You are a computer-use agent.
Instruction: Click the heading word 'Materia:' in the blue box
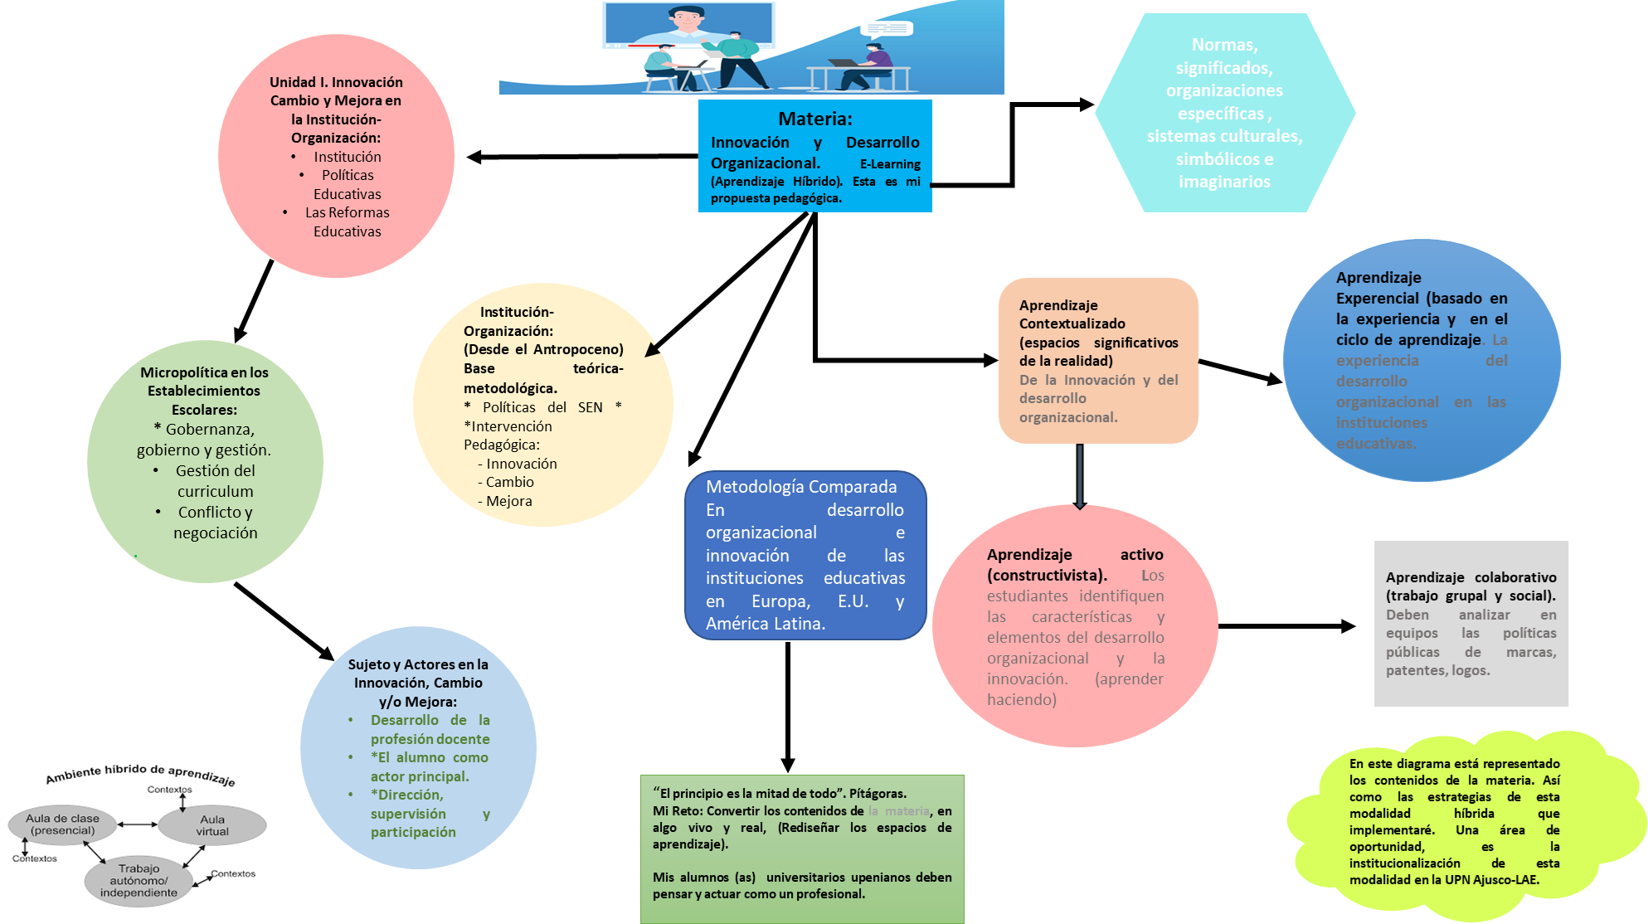click(x=814, y=119)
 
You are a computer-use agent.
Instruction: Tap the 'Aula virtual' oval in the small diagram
click(x=212, y=825)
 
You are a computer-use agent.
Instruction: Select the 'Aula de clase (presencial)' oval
click(x=63, y=824)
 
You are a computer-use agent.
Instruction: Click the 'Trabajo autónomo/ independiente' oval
click(x=139, y=881)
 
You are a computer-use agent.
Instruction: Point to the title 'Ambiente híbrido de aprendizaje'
click(x=140, y=773)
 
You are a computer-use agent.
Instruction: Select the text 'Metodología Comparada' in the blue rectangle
click(x=801, y=487)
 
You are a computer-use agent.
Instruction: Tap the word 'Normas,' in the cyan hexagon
click(x=1224, y=45)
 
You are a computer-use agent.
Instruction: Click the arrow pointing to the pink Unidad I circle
click(x=581, y=156)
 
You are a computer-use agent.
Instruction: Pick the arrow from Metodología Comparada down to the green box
click(x=788, y=705)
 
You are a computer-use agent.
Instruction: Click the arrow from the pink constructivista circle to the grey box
click(x=1286, y=626)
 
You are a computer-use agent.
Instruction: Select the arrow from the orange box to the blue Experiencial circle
click(x=1240, y=372)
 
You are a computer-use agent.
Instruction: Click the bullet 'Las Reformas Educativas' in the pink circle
click(x=347, y=221)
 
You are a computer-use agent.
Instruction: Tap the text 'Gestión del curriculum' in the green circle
click(x=215, y=481)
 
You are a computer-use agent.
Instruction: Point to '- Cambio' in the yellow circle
click(x=506, y=482)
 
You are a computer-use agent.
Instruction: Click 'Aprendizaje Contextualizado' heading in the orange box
click(x=1072, y=314)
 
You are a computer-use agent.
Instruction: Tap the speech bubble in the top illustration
click(x=887, y=29)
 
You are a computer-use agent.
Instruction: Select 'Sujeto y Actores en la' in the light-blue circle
click(x=418, y=664)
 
